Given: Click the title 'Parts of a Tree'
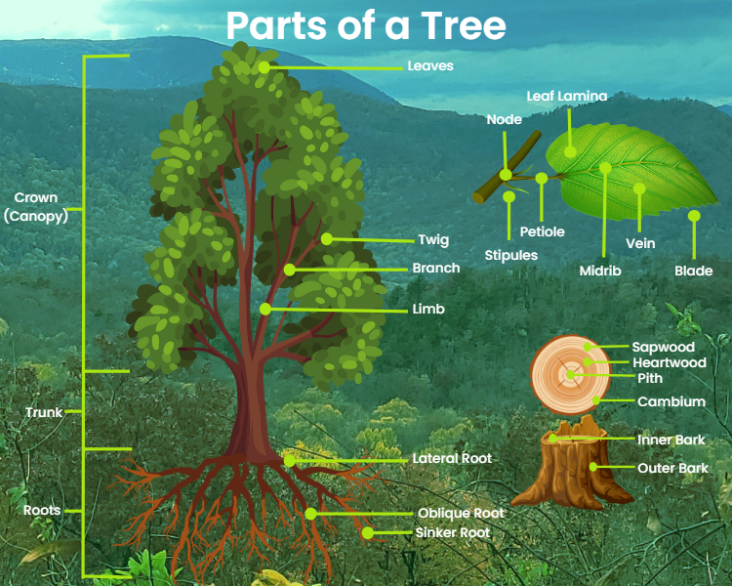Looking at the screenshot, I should [x=366, y=26].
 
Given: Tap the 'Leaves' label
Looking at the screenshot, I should [x=429, y=66].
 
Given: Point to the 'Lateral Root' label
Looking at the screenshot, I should [x=452, y=458].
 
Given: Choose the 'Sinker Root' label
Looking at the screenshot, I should [x=453, y=532].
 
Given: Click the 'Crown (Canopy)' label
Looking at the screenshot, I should [x=36, y=208].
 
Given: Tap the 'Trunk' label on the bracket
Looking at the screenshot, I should [x=44, y=412].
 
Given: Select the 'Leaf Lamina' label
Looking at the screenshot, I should [x=567, y=97].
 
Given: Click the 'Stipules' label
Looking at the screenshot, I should [x=511, y=255].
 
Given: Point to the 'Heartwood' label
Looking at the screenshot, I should [x=669, y=362].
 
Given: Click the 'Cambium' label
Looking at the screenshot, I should [x=671, y=401].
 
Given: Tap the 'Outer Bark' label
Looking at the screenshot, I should [x=672, y=469].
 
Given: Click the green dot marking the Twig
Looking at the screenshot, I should [x=326, y=238].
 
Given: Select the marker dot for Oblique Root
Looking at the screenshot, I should [x=310, y=513].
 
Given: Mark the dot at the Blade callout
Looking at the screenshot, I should [x=694, y=216].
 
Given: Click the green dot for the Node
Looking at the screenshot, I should [x=506, y=175].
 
